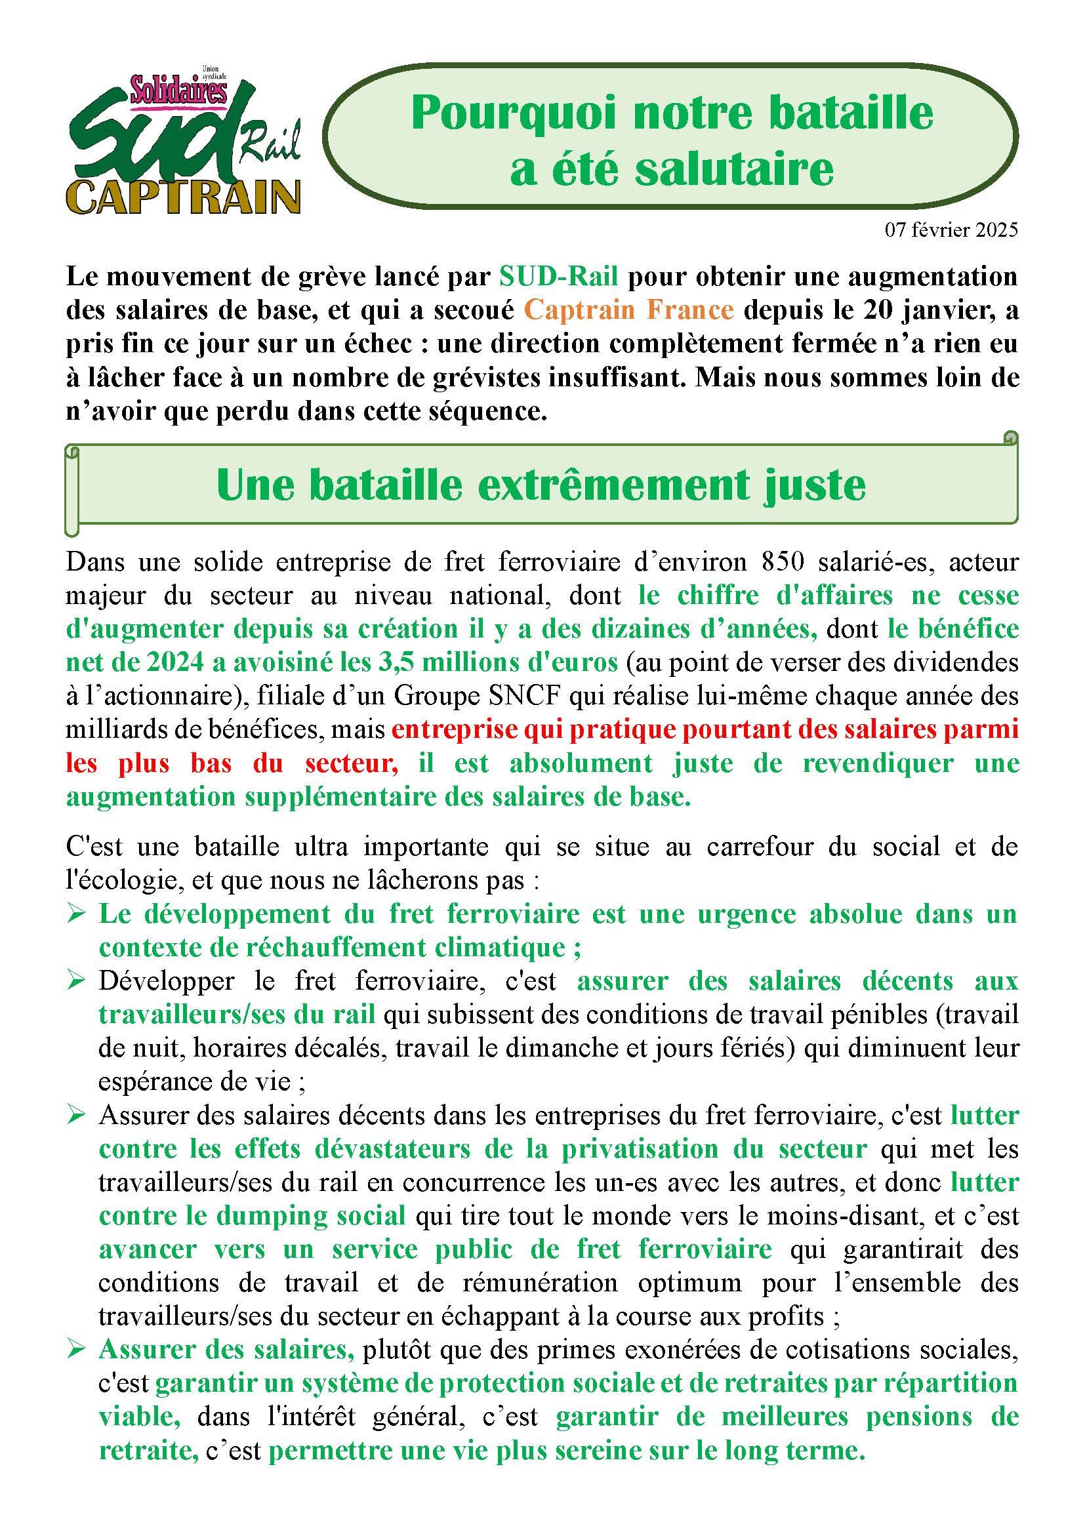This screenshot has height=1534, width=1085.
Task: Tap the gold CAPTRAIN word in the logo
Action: pos(184,197)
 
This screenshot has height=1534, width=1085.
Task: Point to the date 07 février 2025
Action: pos(951,230)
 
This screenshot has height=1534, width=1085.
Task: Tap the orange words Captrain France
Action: pos(628,311)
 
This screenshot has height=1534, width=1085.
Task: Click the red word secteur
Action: pos(352,763)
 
